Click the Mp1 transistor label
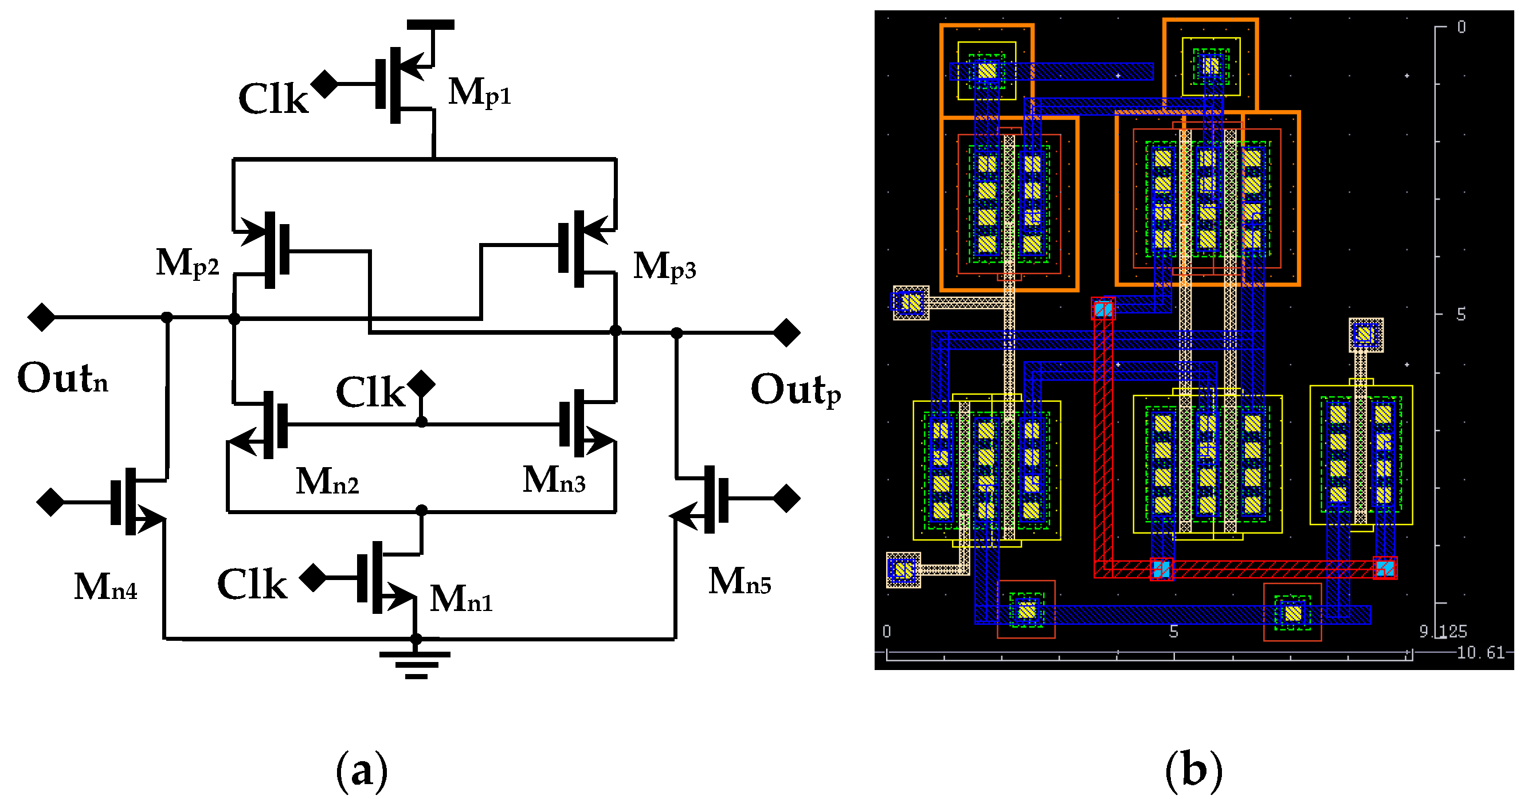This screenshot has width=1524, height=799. point(479,93)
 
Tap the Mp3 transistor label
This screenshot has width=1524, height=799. point(664,267)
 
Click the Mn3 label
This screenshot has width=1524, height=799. point(554,480)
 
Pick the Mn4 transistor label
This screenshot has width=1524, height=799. point(105,587)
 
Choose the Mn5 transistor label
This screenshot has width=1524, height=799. point(739,581)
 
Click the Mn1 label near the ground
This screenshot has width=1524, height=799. point(461,599)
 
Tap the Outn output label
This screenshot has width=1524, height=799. point(62,379)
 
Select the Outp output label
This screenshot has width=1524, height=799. point(795,391)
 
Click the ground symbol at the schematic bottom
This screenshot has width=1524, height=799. point(416,664)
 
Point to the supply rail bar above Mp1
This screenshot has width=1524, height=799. point(430,25)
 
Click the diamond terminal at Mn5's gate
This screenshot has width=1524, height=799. point(787,498)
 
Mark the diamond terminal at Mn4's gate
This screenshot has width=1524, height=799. point(50,502)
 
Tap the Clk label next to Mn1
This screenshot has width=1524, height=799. point(252,585)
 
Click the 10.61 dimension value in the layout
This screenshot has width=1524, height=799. point(1480,653)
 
